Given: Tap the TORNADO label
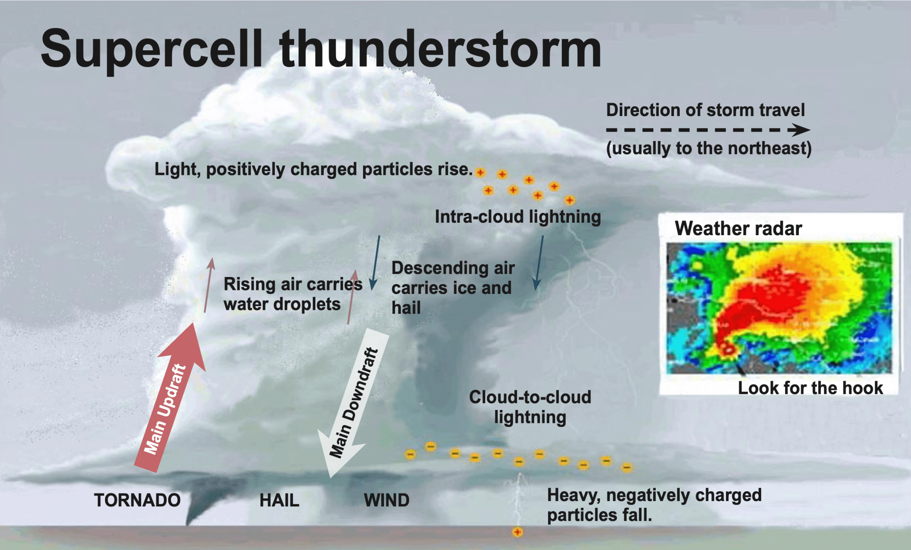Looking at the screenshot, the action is coord(137,500).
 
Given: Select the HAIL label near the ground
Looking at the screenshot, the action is coord(279,501).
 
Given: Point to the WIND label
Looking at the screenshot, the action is coord(387,501).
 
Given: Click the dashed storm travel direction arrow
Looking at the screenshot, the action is coord(708,130).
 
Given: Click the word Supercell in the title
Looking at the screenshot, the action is coord(152,49).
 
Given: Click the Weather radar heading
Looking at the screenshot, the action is coord(738,229).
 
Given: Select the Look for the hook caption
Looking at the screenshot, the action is coord(810,388).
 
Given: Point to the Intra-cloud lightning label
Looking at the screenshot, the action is coord(518,217).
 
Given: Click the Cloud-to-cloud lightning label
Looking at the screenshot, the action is coord(530,407).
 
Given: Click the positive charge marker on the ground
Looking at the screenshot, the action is coord(517,532).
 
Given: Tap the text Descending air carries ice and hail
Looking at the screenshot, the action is coord(453,288).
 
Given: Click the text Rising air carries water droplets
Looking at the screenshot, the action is coord(293,294).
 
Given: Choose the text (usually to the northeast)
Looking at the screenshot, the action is coord(709,148).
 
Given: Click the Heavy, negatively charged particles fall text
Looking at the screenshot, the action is coord(654,505).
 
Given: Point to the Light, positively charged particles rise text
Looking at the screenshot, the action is coord(314,169).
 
